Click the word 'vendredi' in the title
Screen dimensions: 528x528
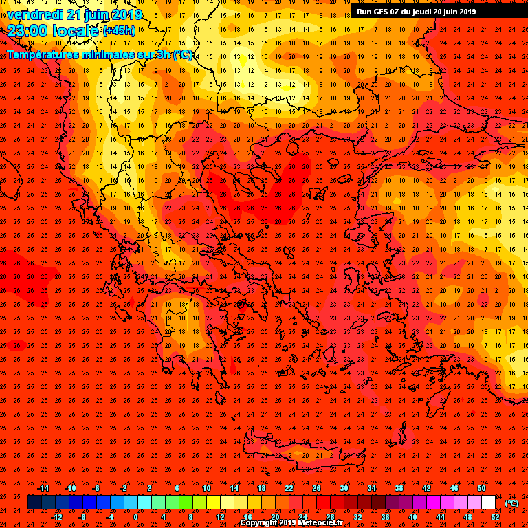coord(34,14)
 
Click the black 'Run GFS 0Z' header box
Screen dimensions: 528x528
coord(416,11)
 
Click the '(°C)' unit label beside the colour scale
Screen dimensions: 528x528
coord(511,503)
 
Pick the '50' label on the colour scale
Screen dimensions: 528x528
coord(481,488)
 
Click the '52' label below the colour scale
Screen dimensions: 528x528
coord(495,517)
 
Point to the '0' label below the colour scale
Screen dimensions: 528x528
coord(135,517)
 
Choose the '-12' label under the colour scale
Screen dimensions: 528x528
coord(56,517)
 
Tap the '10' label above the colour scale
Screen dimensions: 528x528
coord(206,488)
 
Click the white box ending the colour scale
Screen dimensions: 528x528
coord(489,503)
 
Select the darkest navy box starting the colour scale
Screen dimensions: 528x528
coord(34,503)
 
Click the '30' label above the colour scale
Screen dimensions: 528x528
coord(344,488)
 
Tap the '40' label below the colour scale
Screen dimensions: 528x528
coord(412,517)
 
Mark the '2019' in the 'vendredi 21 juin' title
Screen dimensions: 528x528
coord(126,14)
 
